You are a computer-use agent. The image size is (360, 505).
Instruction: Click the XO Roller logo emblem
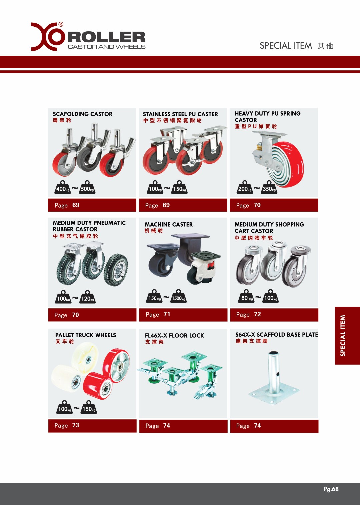(x=47, y=37)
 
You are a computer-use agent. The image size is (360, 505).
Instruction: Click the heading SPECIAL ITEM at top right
(x=286, y=46)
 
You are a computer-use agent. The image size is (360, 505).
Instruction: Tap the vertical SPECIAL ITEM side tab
(x=347, y=335)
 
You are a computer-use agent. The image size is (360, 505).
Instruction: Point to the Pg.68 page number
(x=331, y=489)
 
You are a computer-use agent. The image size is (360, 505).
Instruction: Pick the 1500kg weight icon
(x=178, y=296)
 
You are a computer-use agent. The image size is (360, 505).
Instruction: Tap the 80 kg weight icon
(x=246, y=296)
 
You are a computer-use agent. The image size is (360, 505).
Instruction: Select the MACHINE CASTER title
(x=169, y=225)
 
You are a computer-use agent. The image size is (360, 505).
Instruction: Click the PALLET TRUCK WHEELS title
(x=86, y=335)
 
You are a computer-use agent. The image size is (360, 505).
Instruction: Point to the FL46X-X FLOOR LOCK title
(x=174, y=336)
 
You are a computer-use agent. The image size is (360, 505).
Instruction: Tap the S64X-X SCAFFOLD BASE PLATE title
(x=277, y=335)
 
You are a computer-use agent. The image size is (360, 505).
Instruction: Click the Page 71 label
(x=158, y=314)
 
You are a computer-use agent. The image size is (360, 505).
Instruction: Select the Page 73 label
(x=67, y=425)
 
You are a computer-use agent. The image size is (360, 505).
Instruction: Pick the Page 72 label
(x=248, y=314)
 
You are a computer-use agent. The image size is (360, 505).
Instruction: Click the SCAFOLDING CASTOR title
(x=83, y=114)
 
